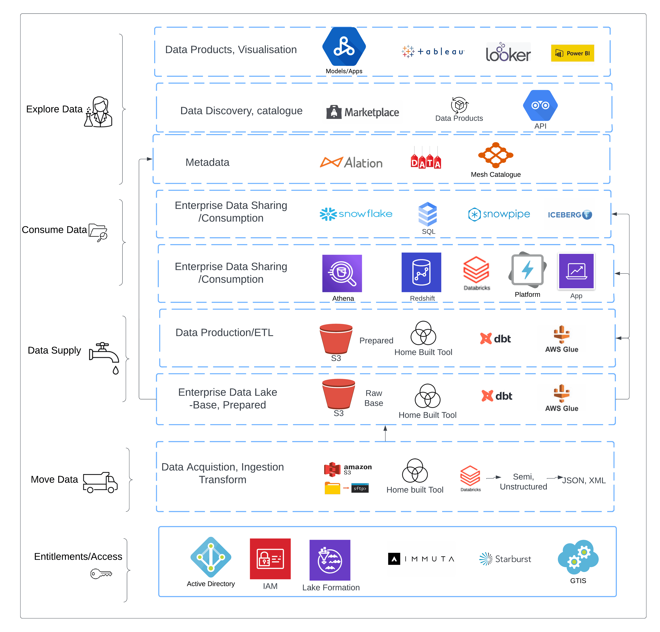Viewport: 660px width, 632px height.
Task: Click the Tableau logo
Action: coord(433,51)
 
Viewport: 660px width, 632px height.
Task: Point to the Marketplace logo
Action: coord(363,112)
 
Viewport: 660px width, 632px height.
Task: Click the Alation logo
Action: coord(351,163)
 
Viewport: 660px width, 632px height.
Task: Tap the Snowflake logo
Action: coord(356,214)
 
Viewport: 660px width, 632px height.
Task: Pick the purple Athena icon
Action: coord(342,273)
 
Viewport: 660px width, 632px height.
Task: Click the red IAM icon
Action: coord(270,558)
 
